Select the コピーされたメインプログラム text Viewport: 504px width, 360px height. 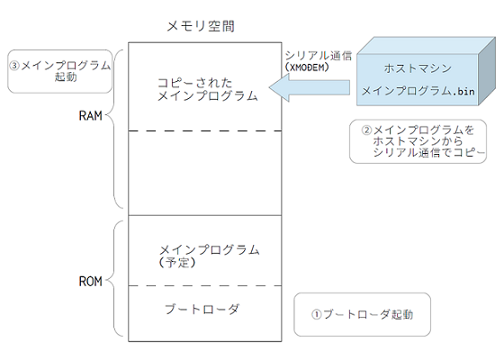(x=207, y=88)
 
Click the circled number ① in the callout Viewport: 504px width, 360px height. (x=316, y=316)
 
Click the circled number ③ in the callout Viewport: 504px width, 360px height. (x=14, y=65)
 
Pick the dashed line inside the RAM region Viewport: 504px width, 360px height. (x=205, y=131)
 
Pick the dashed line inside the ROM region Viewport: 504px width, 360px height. (x=205, y=286)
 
